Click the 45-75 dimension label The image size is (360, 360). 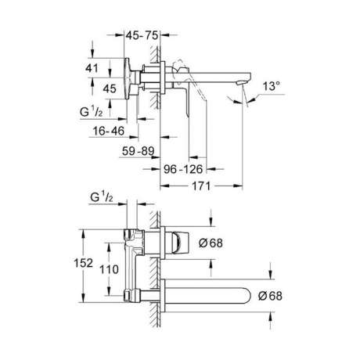tap(142, 35)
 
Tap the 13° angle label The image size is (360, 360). tap(272, 86)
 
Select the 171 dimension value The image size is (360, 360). tap(201, 186)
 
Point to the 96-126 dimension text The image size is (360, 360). tap(183, 169)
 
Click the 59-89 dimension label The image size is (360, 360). tap(139, 151)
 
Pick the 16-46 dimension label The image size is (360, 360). tap(109, 131)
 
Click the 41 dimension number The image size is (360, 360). tap(92, 68)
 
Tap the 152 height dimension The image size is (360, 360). tap(84, 263)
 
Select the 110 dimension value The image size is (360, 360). tap(109, 269)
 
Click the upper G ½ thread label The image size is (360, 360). tap(92, 112)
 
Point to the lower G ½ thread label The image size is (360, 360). tap(102, 197)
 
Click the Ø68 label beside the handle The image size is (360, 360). tap(211, 243)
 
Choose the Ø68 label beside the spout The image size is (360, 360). tap(270, 296)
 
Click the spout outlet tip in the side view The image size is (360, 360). tap(241, 83)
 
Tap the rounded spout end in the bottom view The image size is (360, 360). tap(247, 296)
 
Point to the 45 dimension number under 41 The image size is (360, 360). tap(110, 88)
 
